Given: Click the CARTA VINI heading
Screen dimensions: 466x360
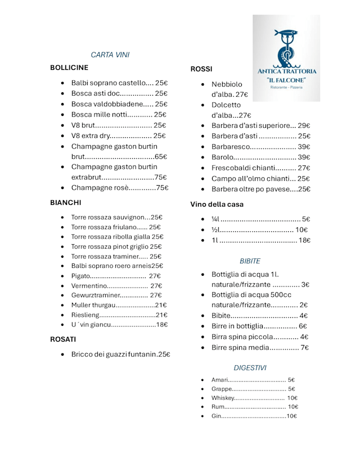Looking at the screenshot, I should pyautogui.click(x=110, y=55).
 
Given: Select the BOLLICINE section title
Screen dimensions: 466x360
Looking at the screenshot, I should pyautogui.click(x=69, y=68).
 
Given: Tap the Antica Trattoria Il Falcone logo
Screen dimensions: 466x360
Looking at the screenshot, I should pyautogui.click(x=286, y=59).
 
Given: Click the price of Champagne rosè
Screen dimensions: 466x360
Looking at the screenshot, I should pyautogui.click(x=162, y=188).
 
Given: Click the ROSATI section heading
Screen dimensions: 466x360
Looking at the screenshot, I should pyautogui.click(x=63, y=339).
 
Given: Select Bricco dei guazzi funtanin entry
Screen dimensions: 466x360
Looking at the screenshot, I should pyautogui.click(x=120, y=355).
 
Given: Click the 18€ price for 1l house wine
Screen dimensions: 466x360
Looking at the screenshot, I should pyautogui.click(x=304, y=240).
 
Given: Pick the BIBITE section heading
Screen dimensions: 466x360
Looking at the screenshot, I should pyautogui.click(x=250, y=261).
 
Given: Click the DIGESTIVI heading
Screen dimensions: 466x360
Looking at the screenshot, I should pyautogui.click(x=250, y=368).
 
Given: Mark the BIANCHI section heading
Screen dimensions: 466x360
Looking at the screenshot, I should pyautogui.click(x=66, y=202).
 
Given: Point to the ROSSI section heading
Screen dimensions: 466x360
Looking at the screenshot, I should pyautogui.click(x=201, y=69).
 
